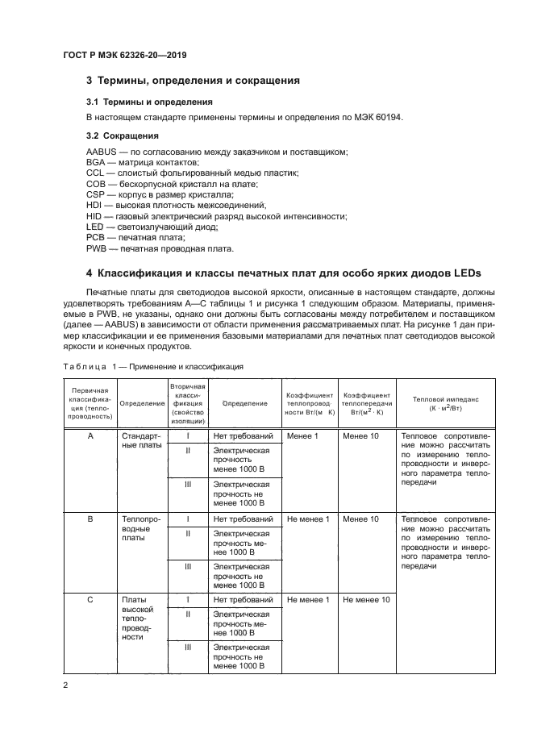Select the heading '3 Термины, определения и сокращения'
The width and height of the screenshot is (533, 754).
pyautogui.click(x=193, y=81)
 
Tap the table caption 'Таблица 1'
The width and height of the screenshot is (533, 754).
pyautogui.click(x=90, y=366)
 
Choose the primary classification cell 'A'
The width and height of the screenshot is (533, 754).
pyautogui.click(x=90, y=436)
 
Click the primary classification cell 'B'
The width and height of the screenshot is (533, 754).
pyautogui.click(x=90, y=519)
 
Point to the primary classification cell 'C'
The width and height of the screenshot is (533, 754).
pyautogui.click(x=90, y=600)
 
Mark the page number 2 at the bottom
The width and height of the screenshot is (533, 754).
pyautogui.click(x=65, y=685)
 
